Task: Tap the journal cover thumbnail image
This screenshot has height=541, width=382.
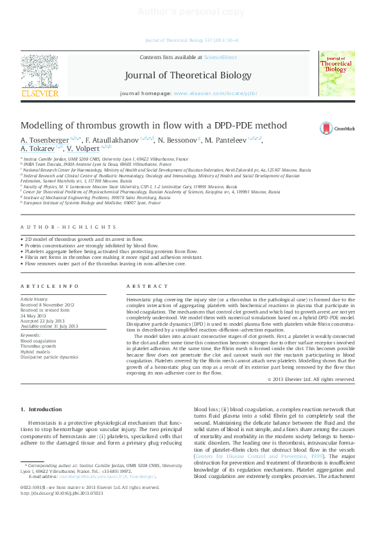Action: [336, 74]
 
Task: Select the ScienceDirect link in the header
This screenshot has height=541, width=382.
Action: [220, 57]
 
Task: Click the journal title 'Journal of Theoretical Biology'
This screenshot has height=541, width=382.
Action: [188, 75]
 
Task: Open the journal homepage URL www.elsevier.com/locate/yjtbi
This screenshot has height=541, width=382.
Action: [215, 93]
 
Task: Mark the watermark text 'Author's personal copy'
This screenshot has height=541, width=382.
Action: [191, 12]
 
